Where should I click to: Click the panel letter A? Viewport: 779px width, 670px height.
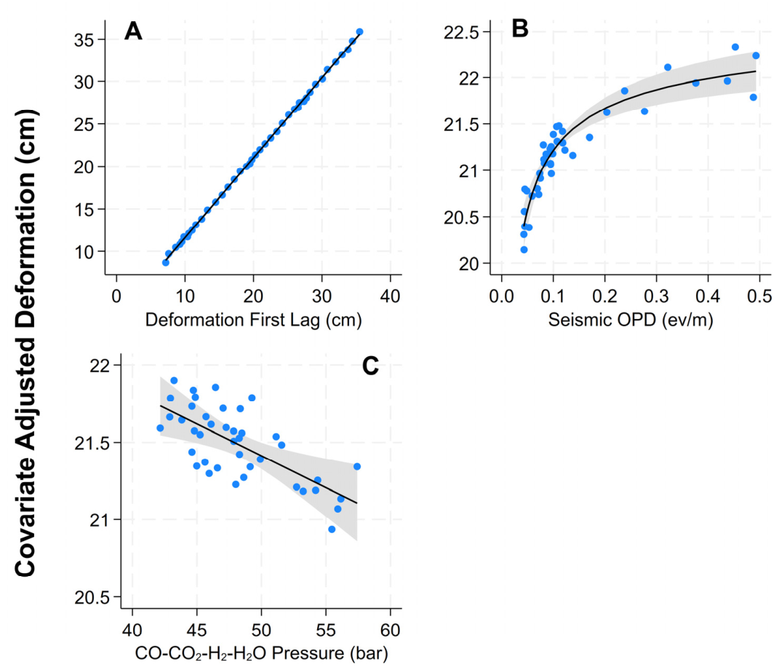pyautogui.click(x=133, y=31)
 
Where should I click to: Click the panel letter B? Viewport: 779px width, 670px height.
pyautogui.click(x=519, y=29)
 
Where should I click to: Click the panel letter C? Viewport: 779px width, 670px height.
pyautogui.click(x=371, y=366)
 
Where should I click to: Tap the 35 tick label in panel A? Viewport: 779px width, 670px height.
pyautogui.click(x=84, y=40)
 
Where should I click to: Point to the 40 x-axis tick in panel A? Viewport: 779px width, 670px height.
pyautogui.click(x=390, y=296)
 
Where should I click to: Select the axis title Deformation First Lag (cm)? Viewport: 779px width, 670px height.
pyautogui.click(x=253, y=320)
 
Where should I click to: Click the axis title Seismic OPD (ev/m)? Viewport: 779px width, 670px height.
pyautogui.click(x=631, y=320)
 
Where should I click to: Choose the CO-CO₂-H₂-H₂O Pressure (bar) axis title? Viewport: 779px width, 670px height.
pyautogui.click(x=261, y=653)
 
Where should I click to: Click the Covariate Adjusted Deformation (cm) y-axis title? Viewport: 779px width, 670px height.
pyautogui.click(x=26, y=343)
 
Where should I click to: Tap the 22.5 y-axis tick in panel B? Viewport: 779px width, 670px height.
pyautogui.click(x=460, y=33)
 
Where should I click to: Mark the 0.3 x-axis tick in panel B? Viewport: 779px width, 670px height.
pyautogui.click(x=656, y=296)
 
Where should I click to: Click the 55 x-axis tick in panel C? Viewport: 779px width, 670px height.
pyautogui.click(x=325, y=630)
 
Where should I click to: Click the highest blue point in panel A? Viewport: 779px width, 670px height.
pyautogui.click(x=360, y=32)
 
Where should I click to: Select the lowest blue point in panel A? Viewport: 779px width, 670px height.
pyautogui.click(x=165, y=263)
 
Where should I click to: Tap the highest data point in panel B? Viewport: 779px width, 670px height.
pyautogui.click(x=735, y=47)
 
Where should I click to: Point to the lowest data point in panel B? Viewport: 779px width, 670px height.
pyautogui.click(x=524, y=250)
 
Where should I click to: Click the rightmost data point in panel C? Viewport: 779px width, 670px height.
pyautogui.click(x=356, y=467)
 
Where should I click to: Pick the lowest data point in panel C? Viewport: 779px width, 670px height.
pyautogui.click(x=332, y=529)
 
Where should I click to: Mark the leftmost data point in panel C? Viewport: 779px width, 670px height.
pyautogui.click(x=160, y=427)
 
